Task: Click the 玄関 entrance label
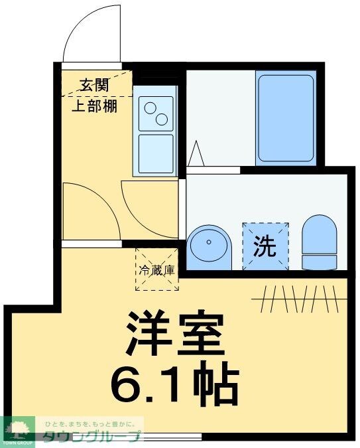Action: point(93,85)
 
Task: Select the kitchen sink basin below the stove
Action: point(155,153)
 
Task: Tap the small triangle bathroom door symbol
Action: point(196,154)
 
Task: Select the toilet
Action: point(319,242)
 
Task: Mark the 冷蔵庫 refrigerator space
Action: point(156,269)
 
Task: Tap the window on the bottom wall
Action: point(169,437)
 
